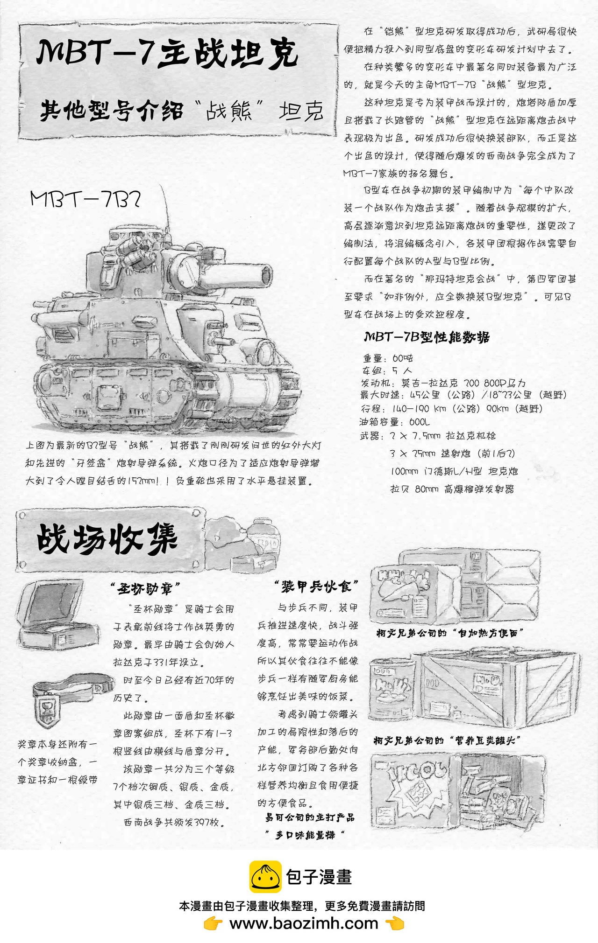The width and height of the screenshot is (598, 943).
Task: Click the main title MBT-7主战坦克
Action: [x=167, y=53]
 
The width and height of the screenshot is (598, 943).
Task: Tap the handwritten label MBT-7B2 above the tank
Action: [x=85, y=199]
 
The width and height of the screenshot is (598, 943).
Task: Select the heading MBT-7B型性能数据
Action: [x=427, y=337]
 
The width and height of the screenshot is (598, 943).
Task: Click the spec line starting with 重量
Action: [x=388, y=358]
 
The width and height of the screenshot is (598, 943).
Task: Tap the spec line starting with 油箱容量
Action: [x=394, y=422]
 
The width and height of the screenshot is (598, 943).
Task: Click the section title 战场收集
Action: [x=107, y=539]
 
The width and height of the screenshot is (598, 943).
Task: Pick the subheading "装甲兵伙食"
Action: [x=316, y=587]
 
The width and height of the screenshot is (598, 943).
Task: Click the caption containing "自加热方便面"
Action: [x=450, y=633]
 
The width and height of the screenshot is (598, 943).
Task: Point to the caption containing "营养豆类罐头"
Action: [x=447, y=740]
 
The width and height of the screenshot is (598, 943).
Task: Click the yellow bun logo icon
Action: [x=265, y=877]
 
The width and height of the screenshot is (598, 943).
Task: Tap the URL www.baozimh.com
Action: [x=304, y=923]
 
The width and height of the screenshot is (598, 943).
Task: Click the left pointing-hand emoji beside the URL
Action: [x=213, y=923]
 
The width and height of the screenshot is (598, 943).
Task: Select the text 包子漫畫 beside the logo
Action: [x=319, y=877]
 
